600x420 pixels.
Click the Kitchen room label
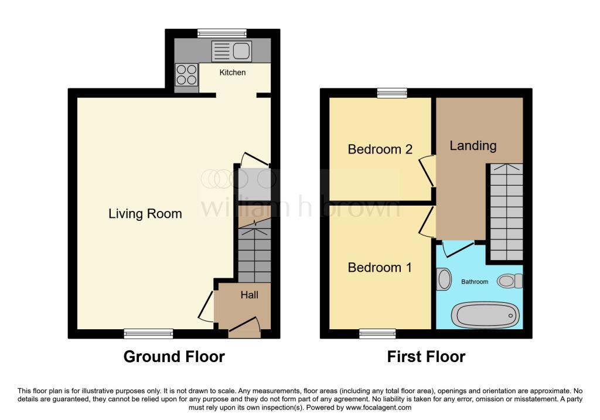233,73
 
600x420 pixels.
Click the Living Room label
145,214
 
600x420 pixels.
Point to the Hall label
249,295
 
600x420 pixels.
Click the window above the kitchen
222,33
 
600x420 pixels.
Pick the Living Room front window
148,333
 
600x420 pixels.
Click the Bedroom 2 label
380,149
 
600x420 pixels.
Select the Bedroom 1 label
380,268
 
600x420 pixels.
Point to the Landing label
473,146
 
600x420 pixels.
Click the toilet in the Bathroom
510,282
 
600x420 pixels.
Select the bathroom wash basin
444,279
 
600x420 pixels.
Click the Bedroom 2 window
392,93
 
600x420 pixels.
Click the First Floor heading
426,357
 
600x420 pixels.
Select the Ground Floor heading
174,357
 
